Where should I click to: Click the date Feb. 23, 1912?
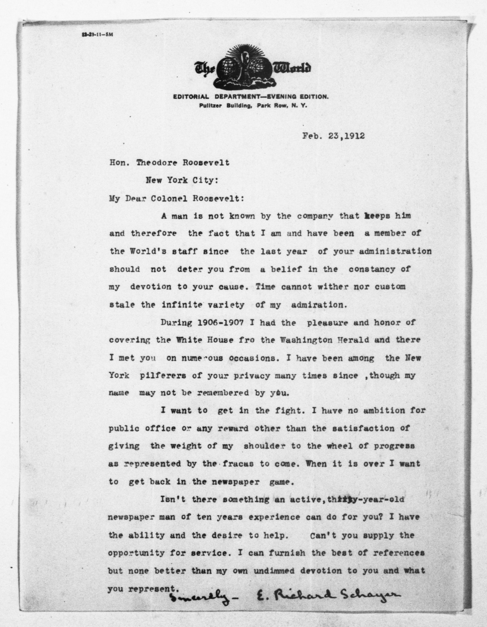point(333,136)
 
